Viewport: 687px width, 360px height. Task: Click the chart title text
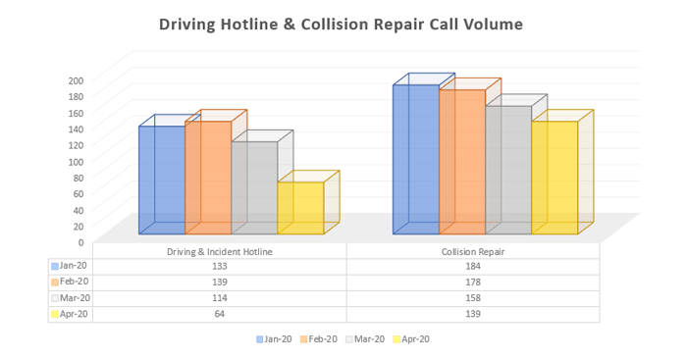coord(342,24)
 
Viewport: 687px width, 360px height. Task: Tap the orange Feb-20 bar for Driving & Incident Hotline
coord(207,178)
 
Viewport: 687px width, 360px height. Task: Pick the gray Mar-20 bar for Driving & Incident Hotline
coord(253,187)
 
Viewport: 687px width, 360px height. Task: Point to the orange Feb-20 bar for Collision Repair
coord(461,162)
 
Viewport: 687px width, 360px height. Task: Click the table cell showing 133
coord(219,266)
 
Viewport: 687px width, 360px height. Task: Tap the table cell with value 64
coord(219,315)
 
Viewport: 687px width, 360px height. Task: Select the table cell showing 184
coord(473,266)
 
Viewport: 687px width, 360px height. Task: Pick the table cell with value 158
coord(473,298)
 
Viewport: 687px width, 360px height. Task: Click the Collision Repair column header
coord(473,251)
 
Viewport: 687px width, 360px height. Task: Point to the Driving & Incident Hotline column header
coord(219,251)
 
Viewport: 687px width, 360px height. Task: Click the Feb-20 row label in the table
coord(71,283)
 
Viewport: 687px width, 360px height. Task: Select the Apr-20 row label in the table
coord(71,315)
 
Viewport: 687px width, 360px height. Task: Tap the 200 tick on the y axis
coord(76,79)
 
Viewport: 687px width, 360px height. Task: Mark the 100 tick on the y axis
coord(76,160)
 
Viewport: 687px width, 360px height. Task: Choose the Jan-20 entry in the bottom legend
coord(274,339)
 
